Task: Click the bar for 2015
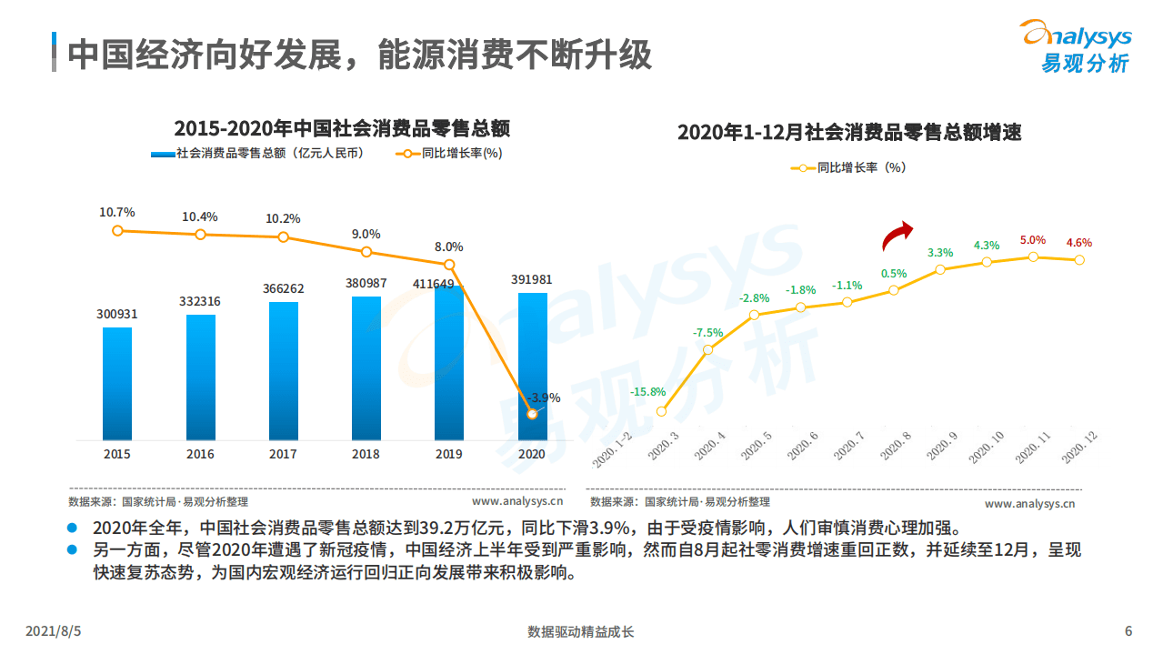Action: pyautogui.click(x=117, y=384)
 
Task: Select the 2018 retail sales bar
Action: pyautogui.click(x=366, y=368)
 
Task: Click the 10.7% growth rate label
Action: pyautogui.click(x=117, y=212)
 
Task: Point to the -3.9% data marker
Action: pyautogui.click(x=532, y=414)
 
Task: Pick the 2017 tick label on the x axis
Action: pyautogui.click(x=283, y=454)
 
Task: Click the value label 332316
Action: pyautogui.click(x=200, y=301)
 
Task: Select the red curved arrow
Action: pyautogui.click(x=898, y=236)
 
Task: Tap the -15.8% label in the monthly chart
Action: pyautogui.click(x=647, y=392)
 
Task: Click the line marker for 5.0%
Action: pyautogui.click(x=1033, y=257)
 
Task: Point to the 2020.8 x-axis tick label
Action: pyautogui.click(x=896, y=448)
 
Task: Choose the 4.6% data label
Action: pyautogui.click(x=1078, y=243)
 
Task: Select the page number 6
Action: pyautogui.click(x=1128, y=631)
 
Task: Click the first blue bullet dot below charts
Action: pyautogui.click(x=73, y=528)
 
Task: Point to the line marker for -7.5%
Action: pyautogui.click(x=708, y=349)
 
